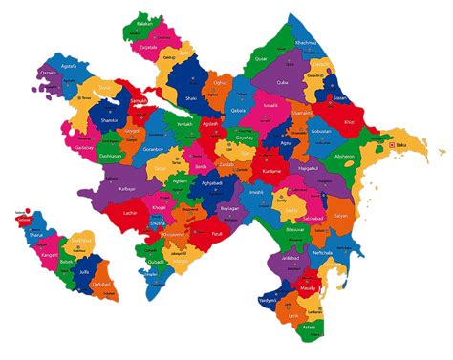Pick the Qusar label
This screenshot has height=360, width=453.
coord(261,58)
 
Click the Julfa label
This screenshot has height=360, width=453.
coord(83,272)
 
